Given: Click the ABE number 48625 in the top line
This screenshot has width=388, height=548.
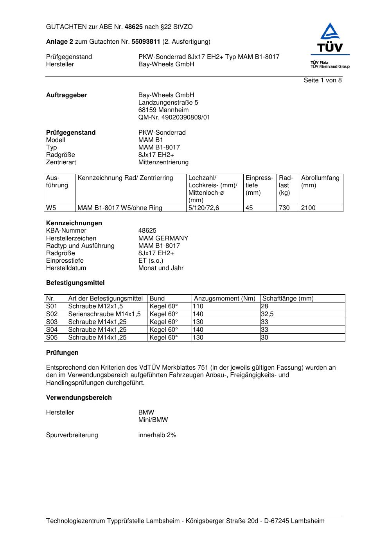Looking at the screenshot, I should point(133,27).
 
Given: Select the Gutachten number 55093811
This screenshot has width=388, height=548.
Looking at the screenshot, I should point(146,41).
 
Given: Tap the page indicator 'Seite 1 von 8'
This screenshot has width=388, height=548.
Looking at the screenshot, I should point(323,80).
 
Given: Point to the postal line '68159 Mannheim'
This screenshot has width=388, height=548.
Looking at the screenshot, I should point(163,110).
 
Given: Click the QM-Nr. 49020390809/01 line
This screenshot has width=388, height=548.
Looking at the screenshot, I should point(174,117).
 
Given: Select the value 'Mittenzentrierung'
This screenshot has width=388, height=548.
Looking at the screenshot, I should point(163,162).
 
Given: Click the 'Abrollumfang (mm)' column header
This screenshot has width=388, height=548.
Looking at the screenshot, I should point(320,181).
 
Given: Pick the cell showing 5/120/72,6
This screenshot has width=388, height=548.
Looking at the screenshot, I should point(204,208).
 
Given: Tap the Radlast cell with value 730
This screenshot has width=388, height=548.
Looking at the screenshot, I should point(284,208).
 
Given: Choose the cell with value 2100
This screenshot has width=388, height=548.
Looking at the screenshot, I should point(308,208).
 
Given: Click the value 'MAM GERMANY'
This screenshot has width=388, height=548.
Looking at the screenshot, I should point(163,238).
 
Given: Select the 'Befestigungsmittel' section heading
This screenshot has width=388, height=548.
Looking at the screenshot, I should point(75,283).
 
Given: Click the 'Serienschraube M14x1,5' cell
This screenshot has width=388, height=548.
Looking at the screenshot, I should point(104,314).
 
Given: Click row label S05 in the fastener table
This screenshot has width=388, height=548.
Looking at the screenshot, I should point(52,338).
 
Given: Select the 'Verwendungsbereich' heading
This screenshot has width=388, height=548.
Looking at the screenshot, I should point(79,398).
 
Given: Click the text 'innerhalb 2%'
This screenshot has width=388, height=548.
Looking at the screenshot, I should point(157,435).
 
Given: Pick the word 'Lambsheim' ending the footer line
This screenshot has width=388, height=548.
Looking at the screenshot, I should point(307,521).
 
